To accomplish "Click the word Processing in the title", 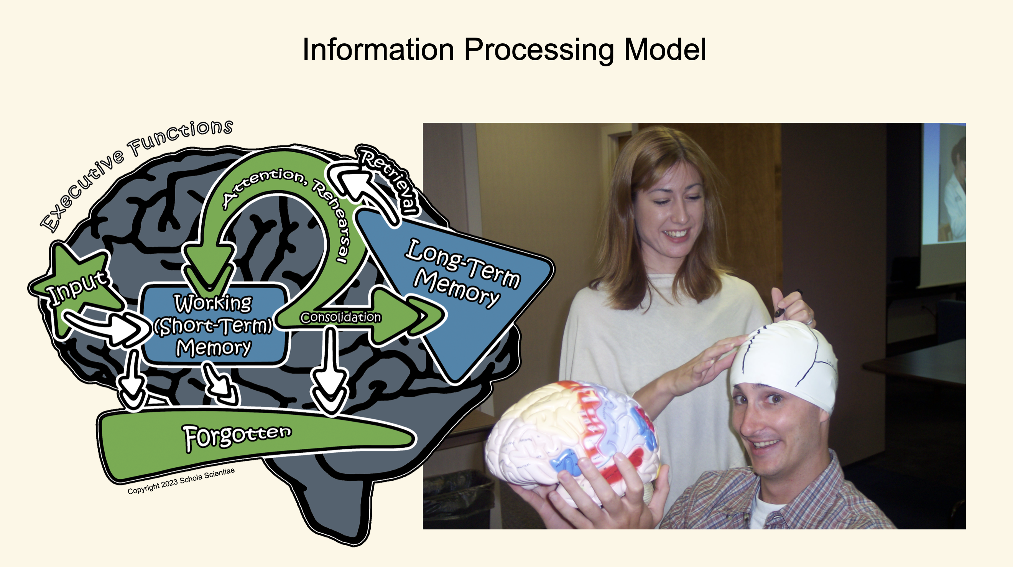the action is tap(539, 50).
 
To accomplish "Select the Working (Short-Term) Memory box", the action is tap(214, 325).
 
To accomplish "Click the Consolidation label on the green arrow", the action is tap(340, 318).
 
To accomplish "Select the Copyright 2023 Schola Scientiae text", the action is tap(181, 481).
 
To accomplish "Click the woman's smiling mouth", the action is tap(676, 234).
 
